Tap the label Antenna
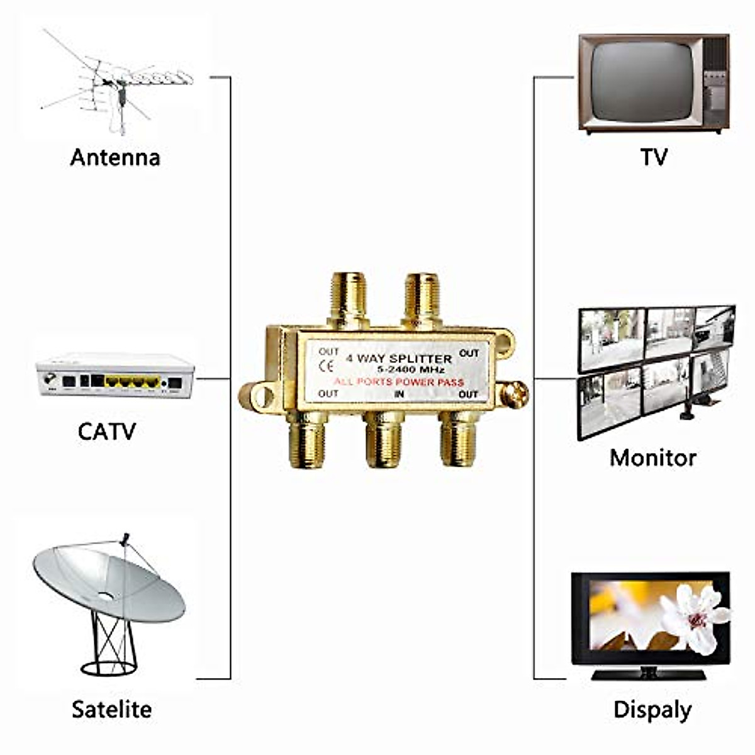point(115,157)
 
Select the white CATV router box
point(115,376)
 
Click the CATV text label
point(107,432)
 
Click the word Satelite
point(112,709)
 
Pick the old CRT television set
point(653,83)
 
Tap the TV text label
point(654,157)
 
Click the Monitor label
point(653,457)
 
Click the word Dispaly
point(652,710)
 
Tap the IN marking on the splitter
point(399,394)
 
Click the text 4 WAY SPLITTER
point(400,359)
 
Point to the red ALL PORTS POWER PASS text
point(399,382)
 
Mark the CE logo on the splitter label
point(327,366)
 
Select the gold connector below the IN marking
point(384,440)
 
